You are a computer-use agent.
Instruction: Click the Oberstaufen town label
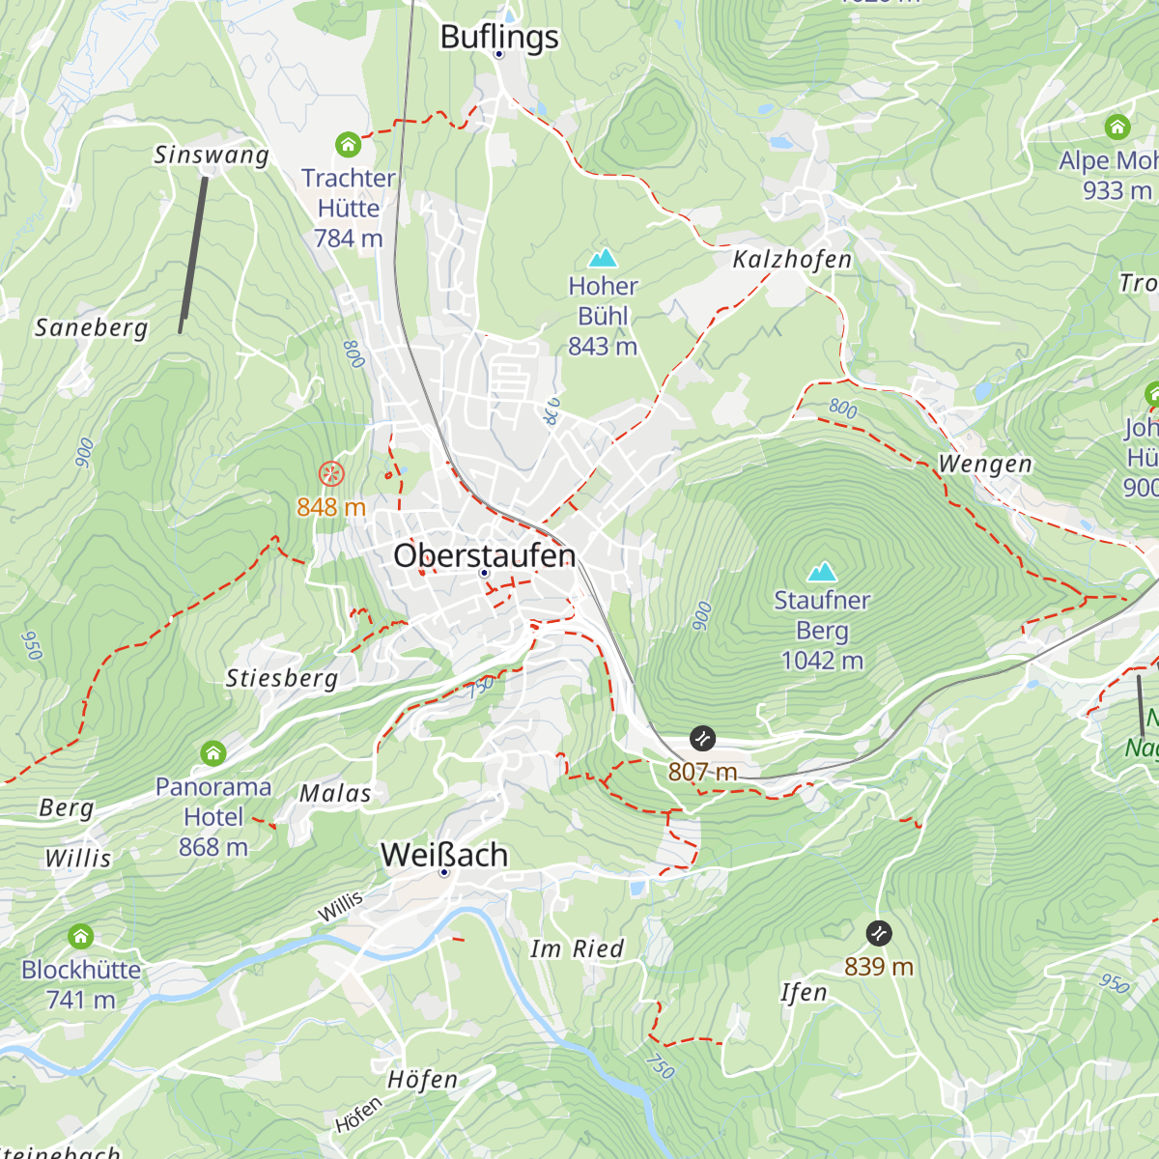click(485, 555)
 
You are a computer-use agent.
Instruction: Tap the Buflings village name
click(499, 37)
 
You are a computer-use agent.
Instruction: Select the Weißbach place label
click(444, 855)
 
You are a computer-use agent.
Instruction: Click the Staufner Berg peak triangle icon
click(822, 572)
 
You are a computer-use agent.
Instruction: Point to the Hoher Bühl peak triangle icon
click(603, 258)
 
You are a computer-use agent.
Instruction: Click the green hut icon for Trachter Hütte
click(348, 145)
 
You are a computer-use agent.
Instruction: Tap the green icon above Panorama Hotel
click(213, 752)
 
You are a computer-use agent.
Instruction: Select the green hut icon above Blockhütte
click(81, 936)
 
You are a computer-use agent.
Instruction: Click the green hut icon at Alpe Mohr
click(1117, 127)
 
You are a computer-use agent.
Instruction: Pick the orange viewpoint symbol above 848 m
click(331, 473)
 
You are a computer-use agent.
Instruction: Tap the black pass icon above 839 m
click(879, 933)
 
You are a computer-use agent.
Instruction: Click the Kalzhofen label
click(792, 259)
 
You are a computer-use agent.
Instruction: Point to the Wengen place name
click(985, 465)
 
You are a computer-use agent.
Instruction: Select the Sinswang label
click(212, 155)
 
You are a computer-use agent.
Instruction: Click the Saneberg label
click(92, 328)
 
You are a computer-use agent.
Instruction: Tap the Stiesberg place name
click(282, 678)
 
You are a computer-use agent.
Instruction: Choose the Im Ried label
click(578, 949)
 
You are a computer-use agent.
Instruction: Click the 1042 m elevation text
click(822, 661)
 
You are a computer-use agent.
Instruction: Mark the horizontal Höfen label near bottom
click(422, 1080)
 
